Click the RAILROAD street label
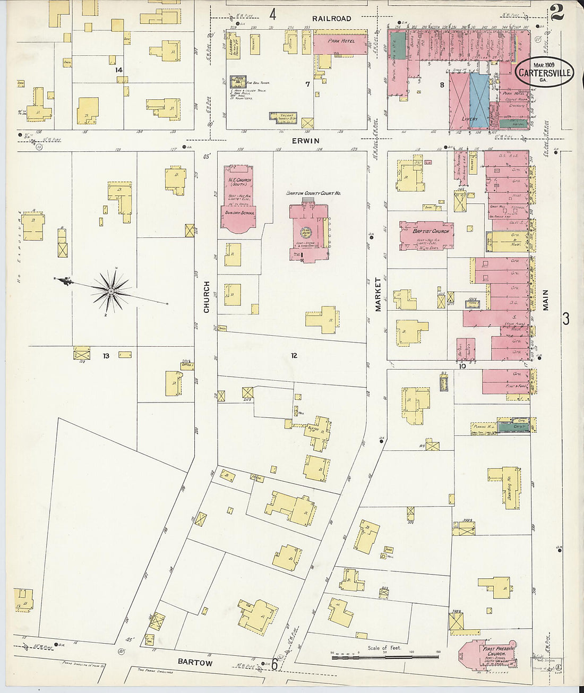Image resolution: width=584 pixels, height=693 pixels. tap(331, 19)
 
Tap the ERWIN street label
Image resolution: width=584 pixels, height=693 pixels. tap(305, 141)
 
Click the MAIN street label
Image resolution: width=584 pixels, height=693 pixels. tap(545, 300)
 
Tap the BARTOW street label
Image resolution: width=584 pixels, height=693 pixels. tap(195, 662)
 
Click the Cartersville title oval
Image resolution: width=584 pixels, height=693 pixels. tap(544, 72)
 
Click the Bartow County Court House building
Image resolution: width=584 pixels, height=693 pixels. tap(309, 231)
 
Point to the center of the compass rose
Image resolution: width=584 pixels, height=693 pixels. tap(110, 291)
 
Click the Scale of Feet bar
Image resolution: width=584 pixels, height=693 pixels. tap(385, 657)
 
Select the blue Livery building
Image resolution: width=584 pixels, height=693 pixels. tap(479, 101)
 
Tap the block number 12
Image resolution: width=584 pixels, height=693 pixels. tap(294, 355)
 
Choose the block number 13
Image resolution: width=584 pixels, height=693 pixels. tap(106, 356)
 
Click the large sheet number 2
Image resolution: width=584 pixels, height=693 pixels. tap(556, 12)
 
